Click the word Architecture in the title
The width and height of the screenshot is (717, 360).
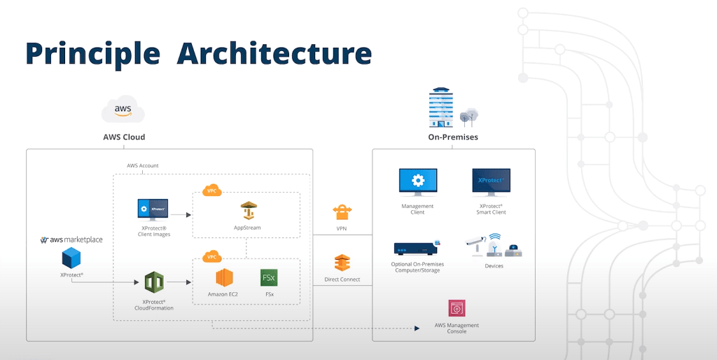click(274, 53)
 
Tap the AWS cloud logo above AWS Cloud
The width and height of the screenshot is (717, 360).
click(123, 111)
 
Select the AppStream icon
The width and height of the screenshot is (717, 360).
click(250, 210)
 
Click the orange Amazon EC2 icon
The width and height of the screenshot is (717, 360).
click(223, 277)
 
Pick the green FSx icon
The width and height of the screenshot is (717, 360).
click(269, 277)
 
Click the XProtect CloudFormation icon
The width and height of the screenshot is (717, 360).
click(154, 283)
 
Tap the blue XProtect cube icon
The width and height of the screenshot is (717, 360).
click(71, 258)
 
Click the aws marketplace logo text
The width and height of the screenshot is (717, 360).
click(71, 240)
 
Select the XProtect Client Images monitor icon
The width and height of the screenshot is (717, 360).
click(153, 209)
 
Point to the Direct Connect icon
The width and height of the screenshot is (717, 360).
click(342, 263)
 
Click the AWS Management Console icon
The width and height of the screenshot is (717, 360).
click(457, 308)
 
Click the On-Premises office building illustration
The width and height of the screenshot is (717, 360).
click(443, 109)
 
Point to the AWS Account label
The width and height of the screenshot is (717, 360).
click(142, 166)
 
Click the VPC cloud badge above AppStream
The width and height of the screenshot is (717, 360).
click(211, 191)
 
